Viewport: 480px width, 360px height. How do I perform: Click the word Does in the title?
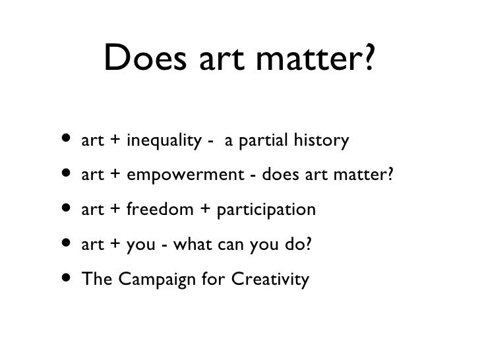144,63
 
